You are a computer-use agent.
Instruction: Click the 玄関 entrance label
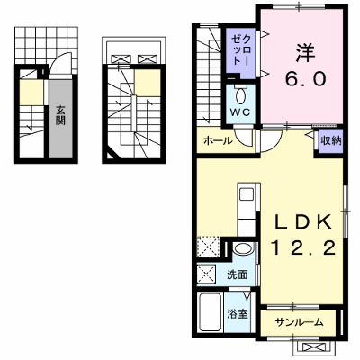coord(60,116)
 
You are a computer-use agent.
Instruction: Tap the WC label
coord(240,112)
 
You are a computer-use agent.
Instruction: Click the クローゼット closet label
coord(241,49)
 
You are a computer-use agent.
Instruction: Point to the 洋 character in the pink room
coord(305,53)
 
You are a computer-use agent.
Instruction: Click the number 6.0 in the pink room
coord(305,79)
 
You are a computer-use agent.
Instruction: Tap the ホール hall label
coord(218,140)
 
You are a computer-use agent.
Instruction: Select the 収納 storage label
coord(331,140)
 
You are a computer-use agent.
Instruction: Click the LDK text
coord(303,222)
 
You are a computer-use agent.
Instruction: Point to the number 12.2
coord(303,248)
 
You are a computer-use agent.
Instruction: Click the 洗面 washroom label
coord(237,274)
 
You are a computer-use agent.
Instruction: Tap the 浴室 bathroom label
coord(238,314)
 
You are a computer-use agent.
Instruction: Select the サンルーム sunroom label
coord(299,322)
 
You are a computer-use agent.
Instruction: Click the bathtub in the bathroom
coord(211,312)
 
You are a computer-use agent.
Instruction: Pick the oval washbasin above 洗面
coord(243,248)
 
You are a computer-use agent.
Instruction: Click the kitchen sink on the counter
coord(247,194)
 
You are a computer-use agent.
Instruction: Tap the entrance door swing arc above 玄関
coord(60,61)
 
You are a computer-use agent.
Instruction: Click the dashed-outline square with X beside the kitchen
coord(209,247)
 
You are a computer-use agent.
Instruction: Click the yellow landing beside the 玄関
coord(31,93)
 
